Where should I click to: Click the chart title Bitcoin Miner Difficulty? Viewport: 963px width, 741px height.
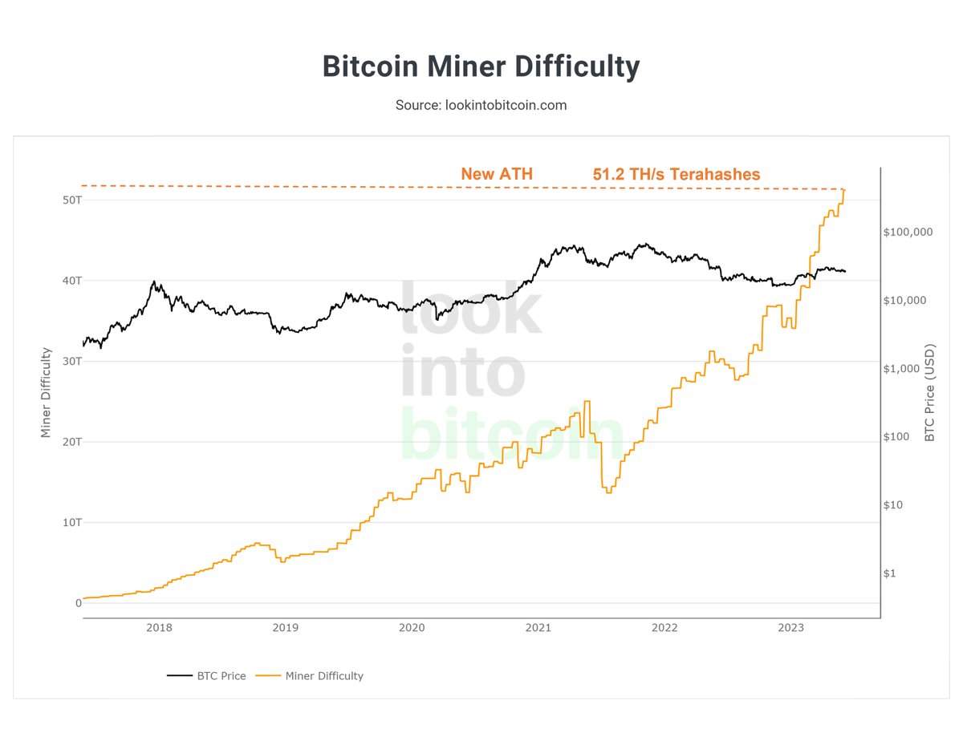click(481, 67)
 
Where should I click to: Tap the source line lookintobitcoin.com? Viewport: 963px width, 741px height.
click(481, 105)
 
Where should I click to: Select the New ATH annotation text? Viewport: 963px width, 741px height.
click(496, 174)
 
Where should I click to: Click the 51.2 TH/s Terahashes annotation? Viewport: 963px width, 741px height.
click(676, 174)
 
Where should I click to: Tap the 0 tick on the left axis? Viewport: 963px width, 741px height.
click(78, 603)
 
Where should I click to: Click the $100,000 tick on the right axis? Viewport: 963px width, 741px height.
click(908, 232)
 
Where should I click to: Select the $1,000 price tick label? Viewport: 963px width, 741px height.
click(904, 369)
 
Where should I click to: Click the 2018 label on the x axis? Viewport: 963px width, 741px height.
click(159, 628)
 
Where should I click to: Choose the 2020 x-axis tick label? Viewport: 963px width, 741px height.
click(412, 628)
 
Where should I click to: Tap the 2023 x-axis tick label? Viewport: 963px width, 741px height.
click(791, 628)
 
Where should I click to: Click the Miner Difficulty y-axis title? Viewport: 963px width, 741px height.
click(46, 392)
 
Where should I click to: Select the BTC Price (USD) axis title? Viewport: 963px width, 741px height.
click(929, 392)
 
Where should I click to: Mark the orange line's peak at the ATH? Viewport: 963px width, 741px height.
click(843, 190)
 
